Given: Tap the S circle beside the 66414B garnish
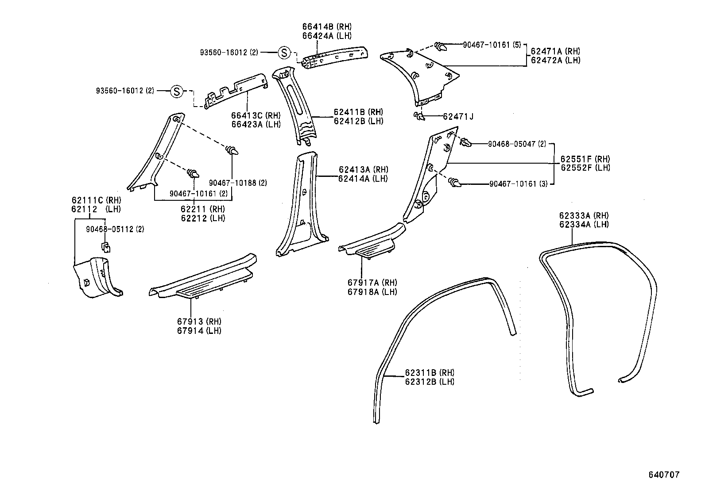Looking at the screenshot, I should (283, 53).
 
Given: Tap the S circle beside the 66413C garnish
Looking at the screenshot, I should (177, 91).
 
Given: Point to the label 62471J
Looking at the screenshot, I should (458, 117).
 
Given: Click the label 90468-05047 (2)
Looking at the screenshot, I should (517, 144).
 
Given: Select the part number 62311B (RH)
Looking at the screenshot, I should (429, 373).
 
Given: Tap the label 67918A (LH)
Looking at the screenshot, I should (372, 292).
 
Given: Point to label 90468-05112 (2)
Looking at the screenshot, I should (115, 229).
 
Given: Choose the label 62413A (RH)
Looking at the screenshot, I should (363, 169).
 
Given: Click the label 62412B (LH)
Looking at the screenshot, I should (358, 121).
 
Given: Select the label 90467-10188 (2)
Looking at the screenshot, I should (238, 183).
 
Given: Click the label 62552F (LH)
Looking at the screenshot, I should (585, 168).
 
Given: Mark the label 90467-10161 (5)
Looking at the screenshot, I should (492, 45).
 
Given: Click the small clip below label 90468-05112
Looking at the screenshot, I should (106, 246).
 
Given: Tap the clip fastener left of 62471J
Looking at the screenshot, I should (418, 116).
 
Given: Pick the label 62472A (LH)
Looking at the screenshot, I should (555, 60).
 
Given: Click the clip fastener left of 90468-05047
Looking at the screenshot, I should (465, 142).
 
